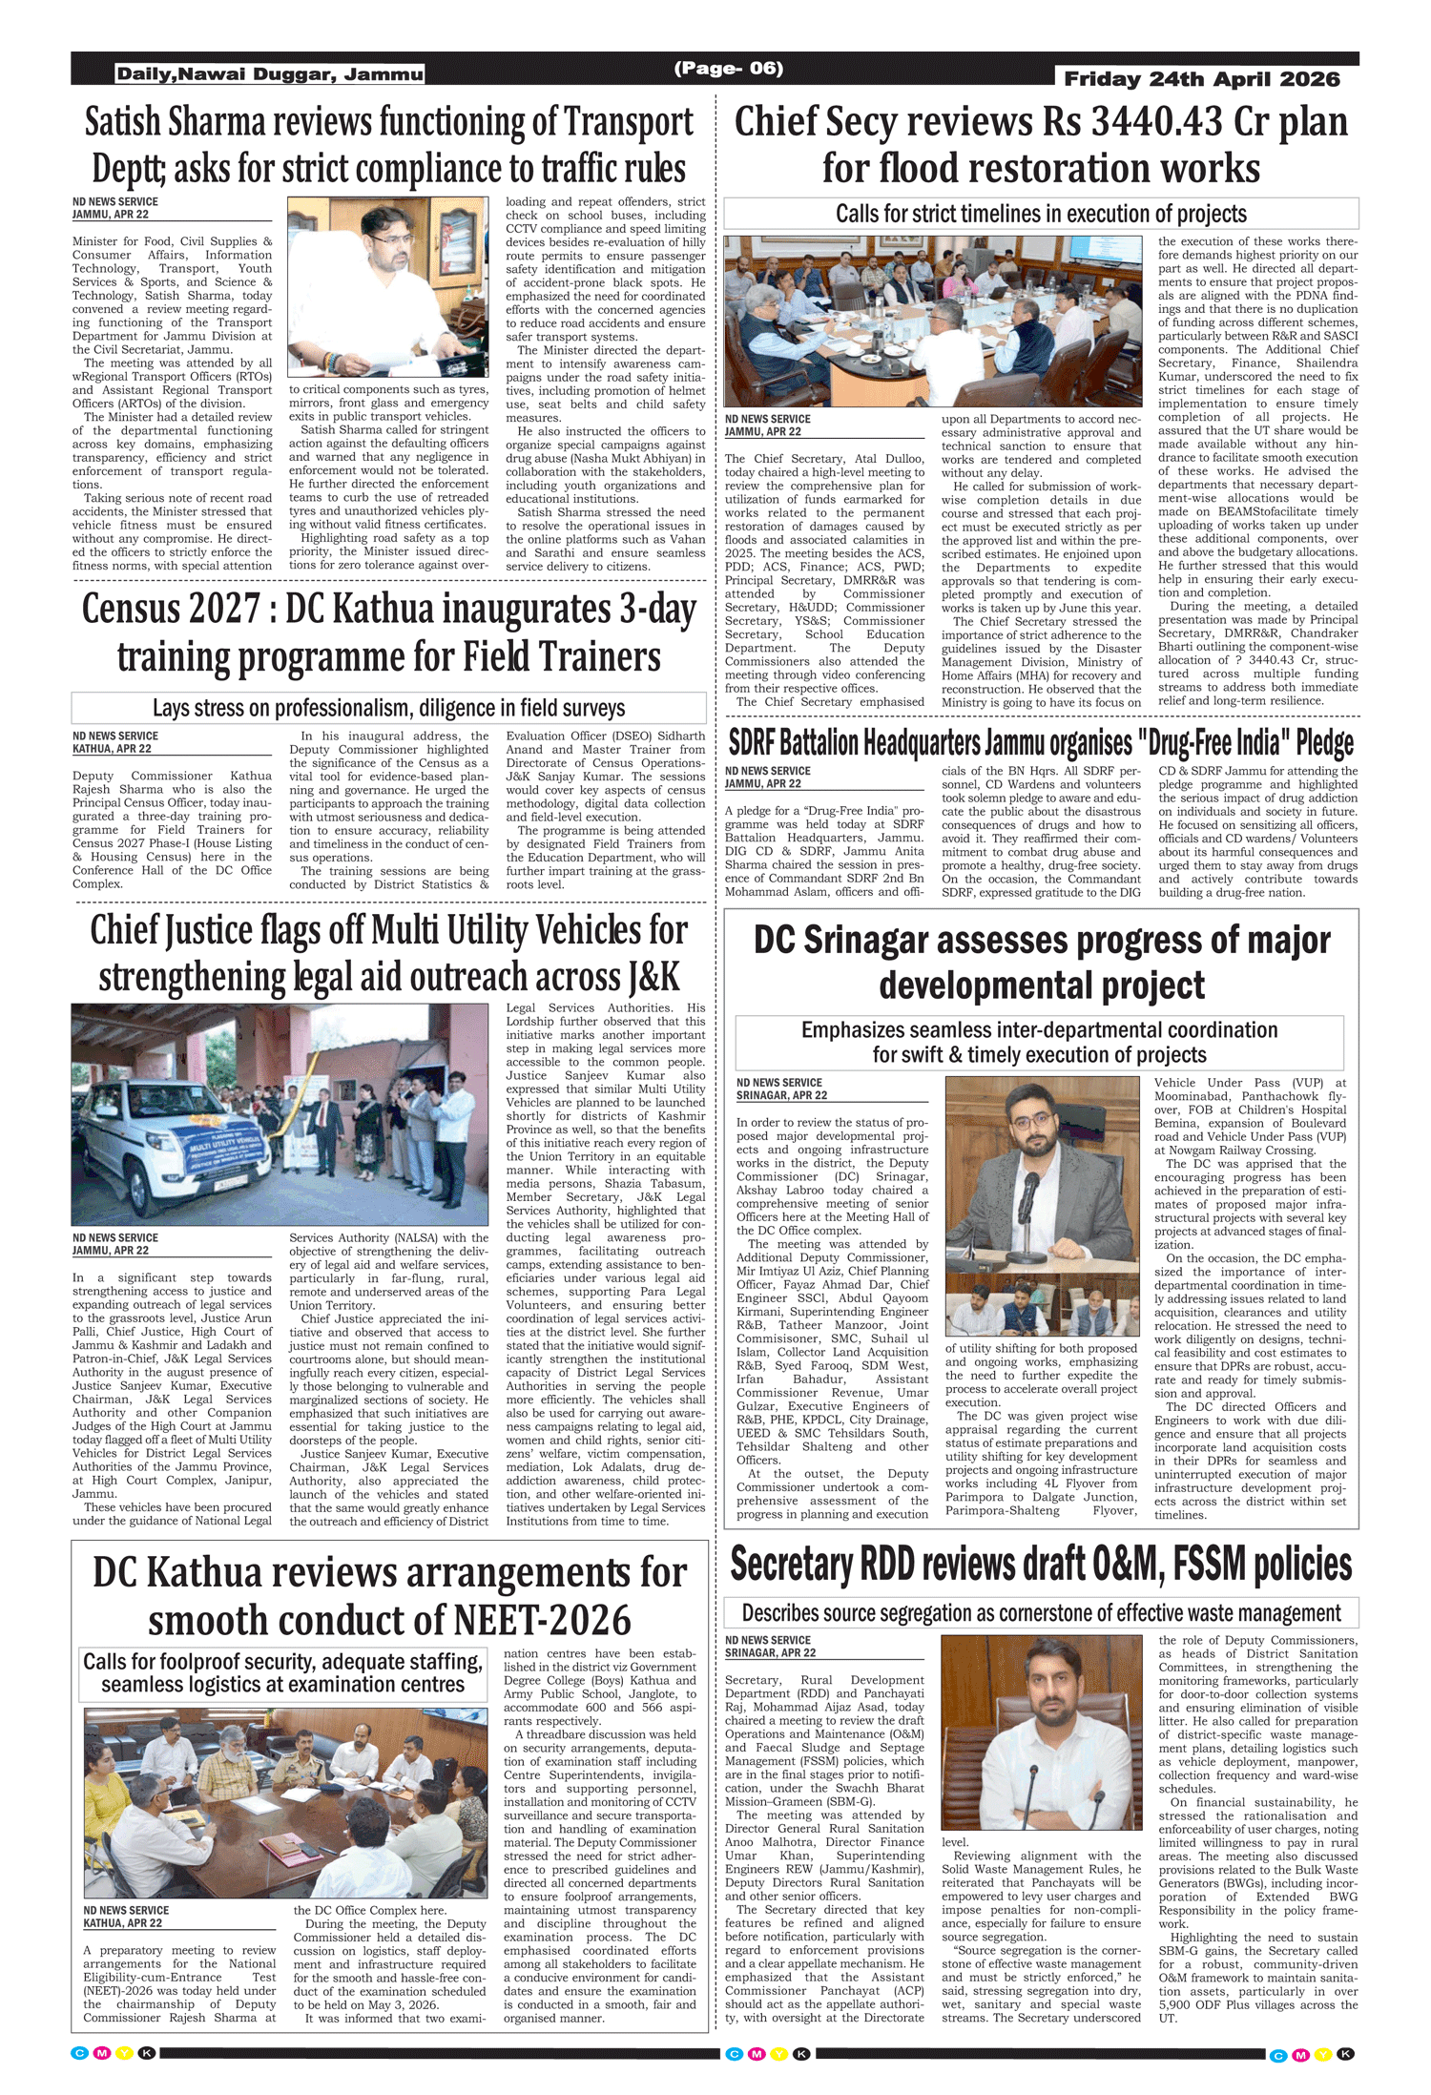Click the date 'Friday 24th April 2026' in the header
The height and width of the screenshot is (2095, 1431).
pos(1201,79)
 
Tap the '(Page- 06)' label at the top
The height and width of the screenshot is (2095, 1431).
pos(728,68)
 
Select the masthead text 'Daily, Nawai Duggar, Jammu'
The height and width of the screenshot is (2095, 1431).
pos(270,74)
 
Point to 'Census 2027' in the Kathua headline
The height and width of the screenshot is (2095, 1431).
pos(171,610)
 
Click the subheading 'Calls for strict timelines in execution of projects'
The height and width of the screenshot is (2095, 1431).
pos(1041,214)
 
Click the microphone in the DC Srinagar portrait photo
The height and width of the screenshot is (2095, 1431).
pos(1030,1188)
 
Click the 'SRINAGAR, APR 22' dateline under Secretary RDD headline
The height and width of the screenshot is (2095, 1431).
pos(770,1653)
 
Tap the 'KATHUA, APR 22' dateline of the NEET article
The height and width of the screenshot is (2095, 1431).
pos(122,1923)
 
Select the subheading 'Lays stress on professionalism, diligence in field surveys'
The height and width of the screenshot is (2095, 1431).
pos(388,708)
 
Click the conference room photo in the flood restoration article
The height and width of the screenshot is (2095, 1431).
pos(932,321)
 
